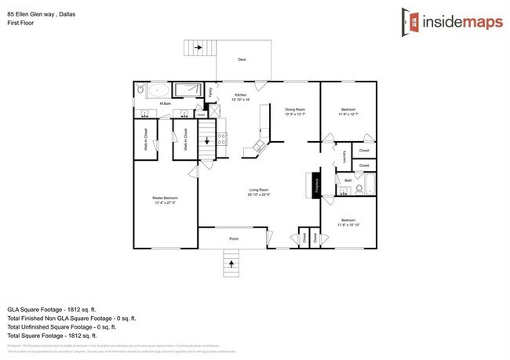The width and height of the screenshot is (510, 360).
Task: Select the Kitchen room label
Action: (x=241, y=95)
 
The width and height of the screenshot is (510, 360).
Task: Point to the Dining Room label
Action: (x=293, y=110)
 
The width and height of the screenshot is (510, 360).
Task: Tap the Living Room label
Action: (x=260, y=190)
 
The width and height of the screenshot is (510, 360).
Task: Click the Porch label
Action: (x=234, y=238)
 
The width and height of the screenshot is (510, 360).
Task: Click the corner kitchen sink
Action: (x=257, y=146)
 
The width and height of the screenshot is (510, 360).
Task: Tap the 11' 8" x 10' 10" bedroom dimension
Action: (x=348, y=224)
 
